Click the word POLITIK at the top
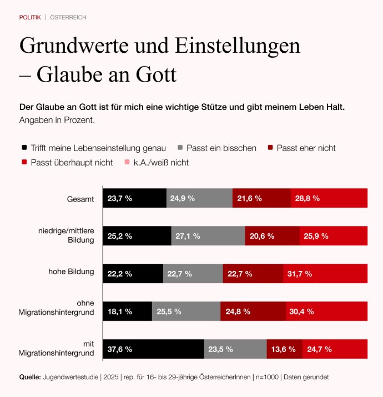(30, 17)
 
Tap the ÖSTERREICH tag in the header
(68, 17)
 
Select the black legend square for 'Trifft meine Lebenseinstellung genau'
(24, 148)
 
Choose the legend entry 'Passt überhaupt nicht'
(72, 163)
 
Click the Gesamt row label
(80, 198)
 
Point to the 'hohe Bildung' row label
(72, 272)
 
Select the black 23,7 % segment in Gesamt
(134, 198)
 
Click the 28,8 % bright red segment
(329, 198)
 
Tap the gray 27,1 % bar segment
(208, 236)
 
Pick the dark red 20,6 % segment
(272, 236)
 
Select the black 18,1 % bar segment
(127, 311)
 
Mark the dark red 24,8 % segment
(253, 311)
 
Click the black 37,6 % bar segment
(153, 349)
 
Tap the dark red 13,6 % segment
(284, 349)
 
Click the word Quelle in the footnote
(30, 377)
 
